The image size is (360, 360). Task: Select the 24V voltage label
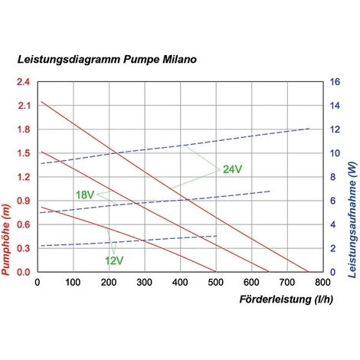click(x=233, y=169)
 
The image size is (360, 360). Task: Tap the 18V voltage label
click(x=84, y=195)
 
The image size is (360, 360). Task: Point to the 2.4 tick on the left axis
click(x=23, y=82)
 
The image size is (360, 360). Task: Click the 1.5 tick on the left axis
click(x=23, y=153)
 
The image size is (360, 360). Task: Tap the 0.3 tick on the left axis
click(x=23, y=248)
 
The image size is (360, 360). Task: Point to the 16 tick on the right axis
click(x=335, y=82)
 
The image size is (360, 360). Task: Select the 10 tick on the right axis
click(x=335, y=153)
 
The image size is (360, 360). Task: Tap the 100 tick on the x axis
click(x=73, y=281)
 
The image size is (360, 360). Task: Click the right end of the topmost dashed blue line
click(x=309, y=129)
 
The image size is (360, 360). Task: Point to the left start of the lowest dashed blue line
click(x=41, y=246)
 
